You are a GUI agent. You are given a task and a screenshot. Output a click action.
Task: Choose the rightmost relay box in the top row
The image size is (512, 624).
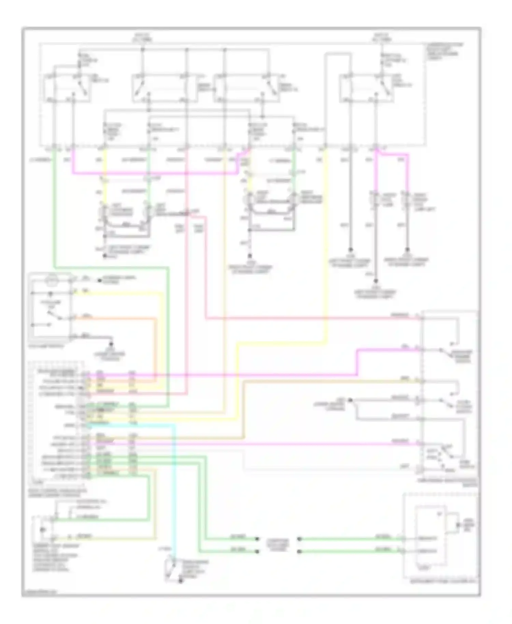click(x=366, y=88)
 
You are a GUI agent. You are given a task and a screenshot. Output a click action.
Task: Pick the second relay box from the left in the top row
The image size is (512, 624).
click(x=164, y=88)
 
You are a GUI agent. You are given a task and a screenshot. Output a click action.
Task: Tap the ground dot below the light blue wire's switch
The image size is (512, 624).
click(x=181, y=582)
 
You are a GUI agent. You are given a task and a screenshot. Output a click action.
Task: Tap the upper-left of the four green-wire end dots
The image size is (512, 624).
click(x=257, y=539)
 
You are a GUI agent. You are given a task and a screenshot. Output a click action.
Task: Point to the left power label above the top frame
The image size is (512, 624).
click(x=143, y=37)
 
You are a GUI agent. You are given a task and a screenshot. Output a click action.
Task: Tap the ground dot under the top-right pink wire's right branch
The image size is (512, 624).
click(x=407, y=250)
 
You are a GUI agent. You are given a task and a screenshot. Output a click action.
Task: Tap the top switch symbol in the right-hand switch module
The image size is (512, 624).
click(x=445, y=352)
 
